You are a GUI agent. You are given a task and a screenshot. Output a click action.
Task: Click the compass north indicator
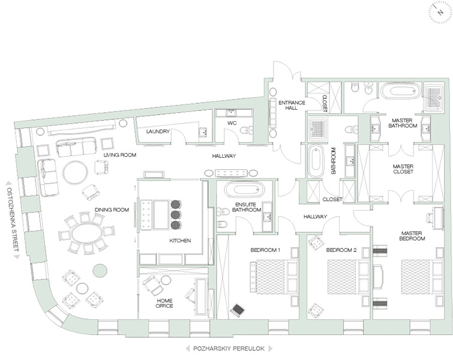[440, 13]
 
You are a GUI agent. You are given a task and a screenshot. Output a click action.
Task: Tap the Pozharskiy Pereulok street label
[229, 349]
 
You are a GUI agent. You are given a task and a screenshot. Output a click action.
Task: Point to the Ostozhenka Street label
[12, 220]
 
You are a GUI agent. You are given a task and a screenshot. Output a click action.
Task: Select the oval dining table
[86, 234]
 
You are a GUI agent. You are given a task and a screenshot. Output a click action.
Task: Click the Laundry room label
[158, 131]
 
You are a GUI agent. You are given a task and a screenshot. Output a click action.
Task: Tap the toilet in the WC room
[246, 130]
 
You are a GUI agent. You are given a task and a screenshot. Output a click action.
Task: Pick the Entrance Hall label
[292, 105]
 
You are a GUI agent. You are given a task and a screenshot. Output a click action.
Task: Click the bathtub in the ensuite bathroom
[245, 190]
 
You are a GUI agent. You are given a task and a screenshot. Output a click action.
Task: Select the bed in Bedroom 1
[274, 277]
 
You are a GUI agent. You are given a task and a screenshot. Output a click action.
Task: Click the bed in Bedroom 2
[348, 277]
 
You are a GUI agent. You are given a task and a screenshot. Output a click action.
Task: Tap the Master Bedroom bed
[422, 277]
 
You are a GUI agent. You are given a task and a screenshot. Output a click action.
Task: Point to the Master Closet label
[403, 169]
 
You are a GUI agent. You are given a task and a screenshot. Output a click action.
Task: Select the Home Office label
[164, 303]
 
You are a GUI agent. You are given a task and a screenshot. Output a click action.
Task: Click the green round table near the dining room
[100, 271]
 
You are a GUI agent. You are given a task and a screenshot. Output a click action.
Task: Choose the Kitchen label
[180, 241]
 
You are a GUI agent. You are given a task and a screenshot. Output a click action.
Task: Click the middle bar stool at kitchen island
[176, 215]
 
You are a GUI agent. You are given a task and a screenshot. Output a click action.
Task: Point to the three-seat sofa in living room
[76, 147]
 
